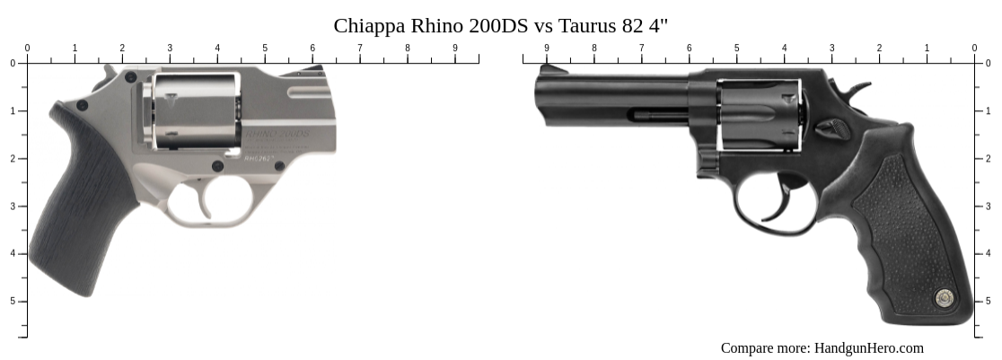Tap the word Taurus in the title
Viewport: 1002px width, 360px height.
pos(588,25)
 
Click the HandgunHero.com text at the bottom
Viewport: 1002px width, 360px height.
pos(868,348)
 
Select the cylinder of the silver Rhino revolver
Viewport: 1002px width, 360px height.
pos(193,110)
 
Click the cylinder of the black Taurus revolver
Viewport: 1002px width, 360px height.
pos(759,114)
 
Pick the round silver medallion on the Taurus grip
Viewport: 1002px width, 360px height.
pos(943,297)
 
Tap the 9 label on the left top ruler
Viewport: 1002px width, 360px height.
pos(455,48)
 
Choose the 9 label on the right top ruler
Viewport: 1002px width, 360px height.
pos(546,48)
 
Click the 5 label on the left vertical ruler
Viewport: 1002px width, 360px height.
pos(13,301)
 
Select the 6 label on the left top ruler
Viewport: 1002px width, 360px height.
pos(312,48)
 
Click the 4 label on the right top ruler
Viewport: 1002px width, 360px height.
pos(784,48)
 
